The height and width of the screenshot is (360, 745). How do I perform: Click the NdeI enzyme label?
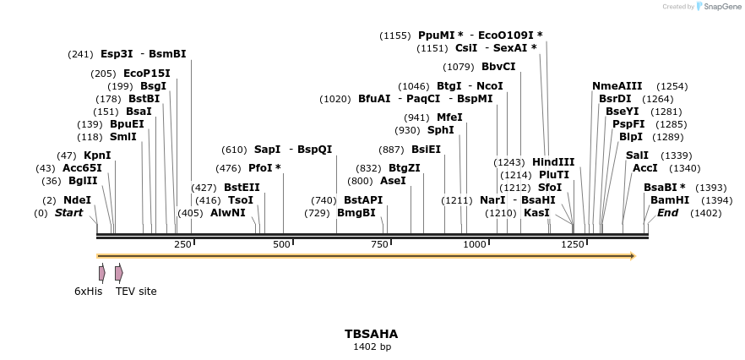77,200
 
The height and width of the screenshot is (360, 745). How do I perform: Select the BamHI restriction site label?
670,200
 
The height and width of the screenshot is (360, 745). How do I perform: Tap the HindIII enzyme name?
553,162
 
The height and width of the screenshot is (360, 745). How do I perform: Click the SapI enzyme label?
267,150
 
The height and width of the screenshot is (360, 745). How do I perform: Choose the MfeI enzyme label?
449,117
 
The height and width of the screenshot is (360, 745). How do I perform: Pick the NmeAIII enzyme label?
617,86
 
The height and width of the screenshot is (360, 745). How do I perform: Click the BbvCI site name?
498,67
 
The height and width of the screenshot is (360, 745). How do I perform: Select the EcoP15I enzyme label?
146,74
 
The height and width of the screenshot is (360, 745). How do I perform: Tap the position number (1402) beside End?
706,213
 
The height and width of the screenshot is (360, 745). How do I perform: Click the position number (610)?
234,150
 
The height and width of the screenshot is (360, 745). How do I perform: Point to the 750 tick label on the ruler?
379,244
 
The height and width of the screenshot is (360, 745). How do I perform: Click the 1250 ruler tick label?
573,244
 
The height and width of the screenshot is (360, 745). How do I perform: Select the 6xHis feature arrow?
102,273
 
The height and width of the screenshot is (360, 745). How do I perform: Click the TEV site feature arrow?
119,273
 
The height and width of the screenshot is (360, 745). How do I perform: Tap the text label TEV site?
136,292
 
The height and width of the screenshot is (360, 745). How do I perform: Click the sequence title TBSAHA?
371,335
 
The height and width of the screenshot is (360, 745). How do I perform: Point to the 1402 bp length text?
372,346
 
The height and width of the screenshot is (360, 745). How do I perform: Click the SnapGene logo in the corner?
718,7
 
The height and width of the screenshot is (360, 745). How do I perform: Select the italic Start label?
69,213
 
